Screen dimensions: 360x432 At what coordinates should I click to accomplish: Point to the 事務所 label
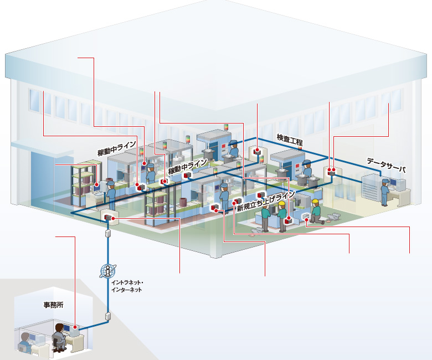coord(53,305)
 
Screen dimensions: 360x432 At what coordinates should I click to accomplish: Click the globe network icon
coord(107,271)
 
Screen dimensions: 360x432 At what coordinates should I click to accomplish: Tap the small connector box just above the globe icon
coord(108,234)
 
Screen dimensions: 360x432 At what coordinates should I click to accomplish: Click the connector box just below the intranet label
coord(108,317)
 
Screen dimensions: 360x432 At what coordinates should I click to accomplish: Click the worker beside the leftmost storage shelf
coord(111,192)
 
